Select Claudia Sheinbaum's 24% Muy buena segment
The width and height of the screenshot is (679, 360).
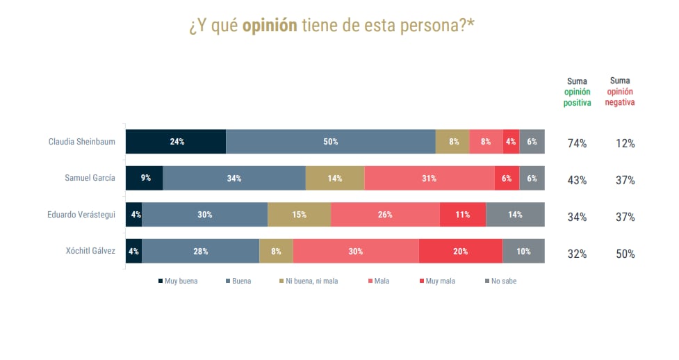(x=176, y=142)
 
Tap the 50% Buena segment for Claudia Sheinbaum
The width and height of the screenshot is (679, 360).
(x=330, y=142)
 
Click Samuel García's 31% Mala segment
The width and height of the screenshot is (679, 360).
(x=429, y=179)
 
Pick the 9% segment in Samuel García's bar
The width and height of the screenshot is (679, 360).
(x=145, y=179)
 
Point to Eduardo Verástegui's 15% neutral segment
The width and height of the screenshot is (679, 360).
(x=299, y=215)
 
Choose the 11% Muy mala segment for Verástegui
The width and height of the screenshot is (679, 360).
(x=462, y=215)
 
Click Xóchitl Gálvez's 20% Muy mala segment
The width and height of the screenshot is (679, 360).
(x=460, y=252)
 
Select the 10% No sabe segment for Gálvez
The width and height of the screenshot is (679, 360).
(x=523, y=252)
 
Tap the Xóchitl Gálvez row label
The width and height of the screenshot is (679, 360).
(x=90, y=250)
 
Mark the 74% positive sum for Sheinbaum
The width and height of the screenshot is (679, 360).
(x=577, y=144)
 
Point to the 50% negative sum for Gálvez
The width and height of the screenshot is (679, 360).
(x=625, y=254)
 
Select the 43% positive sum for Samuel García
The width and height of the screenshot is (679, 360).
(x=577, y=180)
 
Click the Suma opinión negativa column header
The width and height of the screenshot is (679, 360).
(x=619, y=92)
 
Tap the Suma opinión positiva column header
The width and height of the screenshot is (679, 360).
(x=577, y=92)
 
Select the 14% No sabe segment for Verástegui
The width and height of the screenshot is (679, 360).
(x=515, y=215)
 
